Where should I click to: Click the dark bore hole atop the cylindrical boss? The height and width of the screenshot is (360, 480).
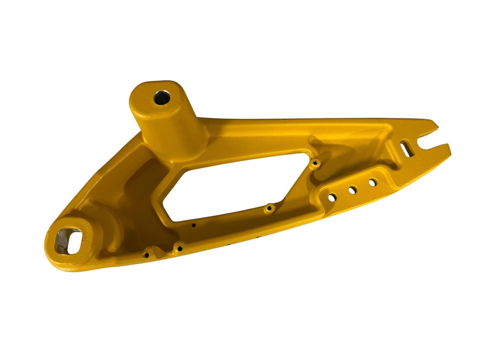point(162,98)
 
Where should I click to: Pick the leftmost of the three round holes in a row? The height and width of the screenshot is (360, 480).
point(331,198)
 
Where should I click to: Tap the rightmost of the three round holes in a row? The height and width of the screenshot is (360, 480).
point(373,182)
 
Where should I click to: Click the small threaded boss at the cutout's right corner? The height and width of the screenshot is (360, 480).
point(315,163)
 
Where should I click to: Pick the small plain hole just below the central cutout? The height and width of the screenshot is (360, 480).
point(194,225)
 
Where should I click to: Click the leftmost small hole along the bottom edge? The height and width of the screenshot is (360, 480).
point(147,255)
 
